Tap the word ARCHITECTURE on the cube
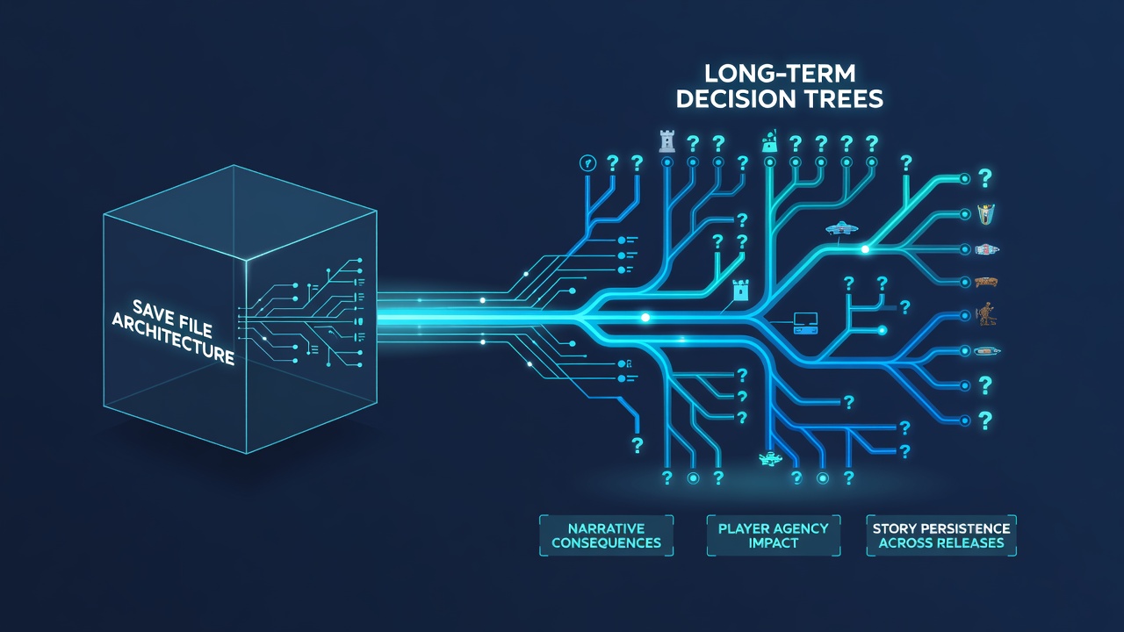coord(173,339)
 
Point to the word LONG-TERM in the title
coord(780,74)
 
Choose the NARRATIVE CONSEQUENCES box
coord(606,535)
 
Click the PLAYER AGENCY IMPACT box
coord(774,535)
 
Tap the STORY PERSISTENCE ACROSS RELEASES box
coord(941,535)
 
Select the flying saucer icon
coord(841,229)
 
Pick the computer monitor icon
coord(806,323)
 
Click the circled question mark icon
coord(587,163)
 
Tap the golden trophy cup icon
coord(986,213)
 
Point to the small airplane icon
coord(770,458)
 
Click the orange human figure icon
coord(985,314)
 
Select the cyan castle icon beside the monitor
coord(740,290)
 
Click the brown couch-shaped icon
coord(985,283)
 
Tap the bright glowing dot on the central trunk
coord(645,318)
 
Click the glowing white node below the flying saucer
coord(865,249)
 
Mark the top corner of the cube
coord(234,166)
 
